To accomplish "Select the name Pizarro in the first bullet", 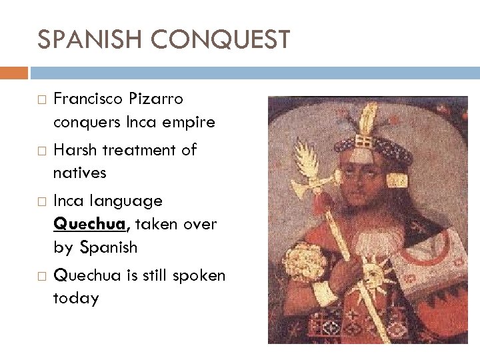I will [x=158, y=99].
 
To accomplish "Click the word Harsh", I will [x=75, y=150].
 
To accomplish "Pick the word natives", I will [x=79, y=173].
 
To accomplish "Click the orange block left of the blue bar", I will [x=14, y=72].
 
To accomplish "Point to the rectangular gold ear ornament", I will [x=398, y=181].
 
